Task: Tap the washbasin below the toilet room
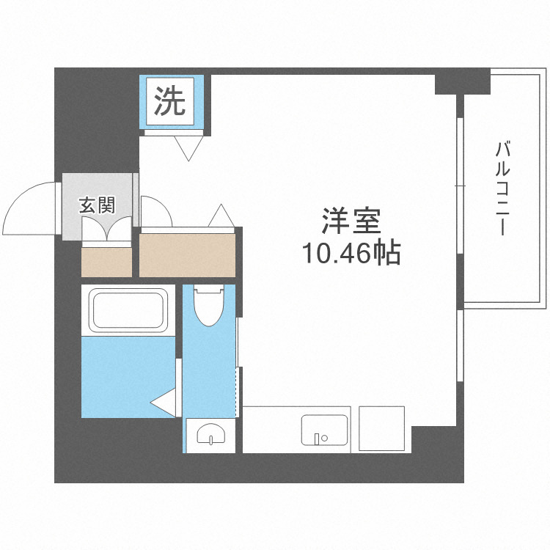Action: [x=211, y=436]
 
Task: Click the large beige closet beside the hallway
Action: [x=188, y=254]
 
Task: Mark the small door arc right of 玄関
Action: [x=155, y=210]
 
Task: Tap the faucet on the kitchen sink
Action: [x=320, y=439]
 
